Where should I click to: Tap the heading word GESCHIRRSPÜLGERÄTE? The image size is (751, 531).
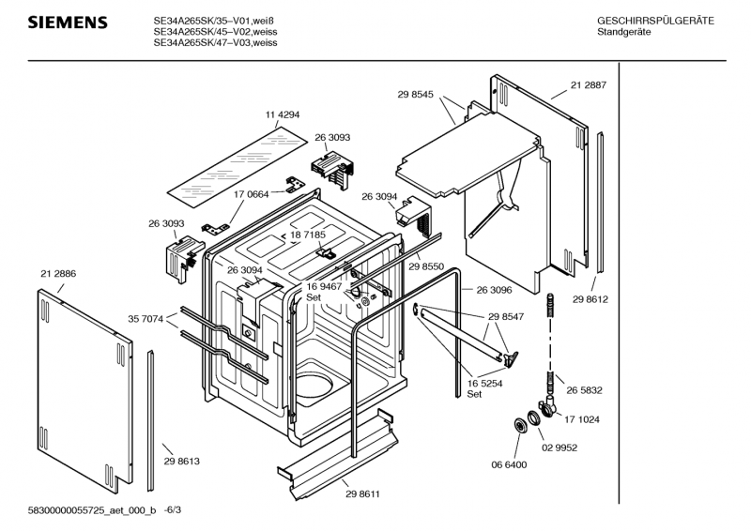point(655,21)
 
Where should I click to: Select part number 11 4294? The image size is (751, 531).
point(283,114)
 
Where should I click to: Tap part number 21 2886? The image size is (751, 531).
point(58,272)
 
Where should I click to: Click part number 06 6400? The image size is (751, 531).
point(508,463)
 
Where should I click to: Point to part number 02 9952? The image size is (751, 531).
point(558,448)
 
